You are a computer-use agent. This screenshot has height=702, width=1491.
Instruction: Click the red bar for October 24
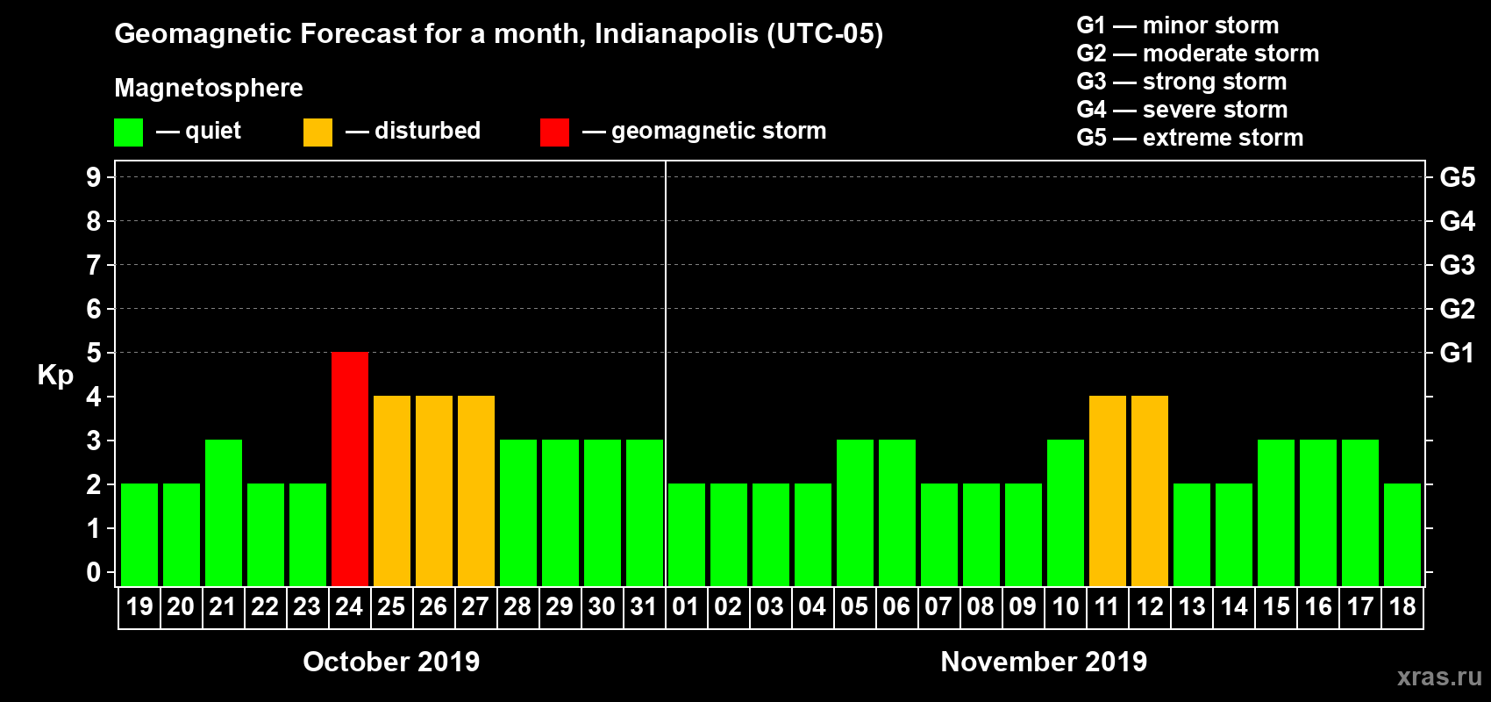pyautogui.click(x=350, y=469)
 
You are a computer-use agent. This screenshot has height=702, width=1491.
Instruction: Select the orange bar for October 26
pyautogui.click(x=434, y=491)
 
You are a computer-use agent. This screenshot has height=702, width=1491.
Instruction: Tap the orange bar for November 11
pyautogui.click(x=1108, y=491)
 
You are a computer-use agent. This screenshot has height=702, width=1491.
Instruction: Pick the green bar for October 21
pyautogui.click(x=224, y=512)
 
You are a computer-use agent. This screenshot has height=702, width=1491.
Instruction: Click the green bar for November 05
pyautogui.click(x=855, y=512)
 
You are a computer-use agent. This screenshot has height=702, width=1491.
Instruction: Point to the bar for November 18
pyautogui.click(x=1402, y=534)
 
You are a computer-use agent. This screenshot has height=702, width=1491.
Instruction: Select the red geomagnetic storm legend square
pyautogui.click(x=554, y=133)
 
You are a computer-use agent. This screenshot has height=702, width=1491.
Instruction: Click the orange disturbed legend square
pyautogui.click(x=317, y=133)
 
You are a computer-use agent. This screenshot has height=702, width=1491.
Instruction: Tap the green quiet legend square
pyautogui.click(x=128, y=133)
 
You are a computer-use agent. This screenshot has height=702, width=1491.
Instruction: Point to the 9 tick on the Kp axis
pyautogui.click(x=94, y=177)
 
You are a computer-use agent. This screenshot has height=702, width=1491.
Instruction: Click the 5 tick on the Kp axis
pyautogui.click(x=94, y=353)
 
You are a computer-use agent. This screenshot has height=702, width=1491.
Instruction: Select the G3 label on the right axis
pyautogui.click(x=1457, y=265)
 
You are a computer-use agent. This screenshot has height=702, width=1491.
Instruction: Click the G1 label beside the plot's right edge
pyautogui.click(x=1457, y=353)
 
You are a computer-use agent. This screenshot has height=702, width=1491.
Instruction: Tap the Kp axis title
pyautogui.click(x=55, y=376)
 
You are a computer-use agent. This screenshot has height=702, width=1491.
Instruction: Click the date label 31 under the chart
pyautogui.click(x=644, y=606)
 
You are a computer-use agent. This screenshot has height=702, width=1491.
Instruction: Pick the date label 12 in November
pyautogui.click(x=1149, y=606)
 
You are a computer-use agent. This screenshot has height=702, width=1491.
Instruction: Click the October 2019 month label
pyautogui.click(x=391, y=662)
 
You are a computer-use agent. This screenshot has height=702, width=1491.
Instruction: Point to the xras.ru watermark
pyautogui.click(x=1439, y=677)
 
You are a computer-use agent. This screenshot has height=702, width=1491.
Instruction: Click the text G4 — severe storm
pyautogui.click(x=1181, y=110)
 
